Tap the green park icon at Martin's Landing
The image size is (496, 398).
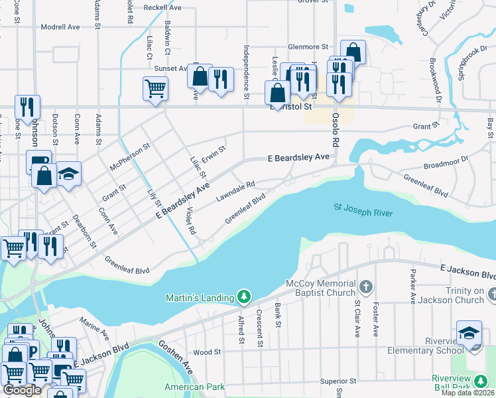click(245, 297)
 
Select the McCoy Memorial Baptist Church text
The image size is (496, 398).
click(321, 289)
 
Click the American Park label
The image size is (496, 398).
click(194, 387)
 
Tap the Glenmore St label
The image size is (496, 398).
click(308, 47)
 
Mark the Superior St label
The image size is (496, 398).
click(338, 381)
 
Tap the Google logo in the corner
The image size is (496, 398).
click(22, 390)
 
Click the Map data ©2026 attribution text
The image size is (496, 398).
click(467, 393)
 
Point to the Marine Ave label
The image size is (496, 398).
click(93, 328)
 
